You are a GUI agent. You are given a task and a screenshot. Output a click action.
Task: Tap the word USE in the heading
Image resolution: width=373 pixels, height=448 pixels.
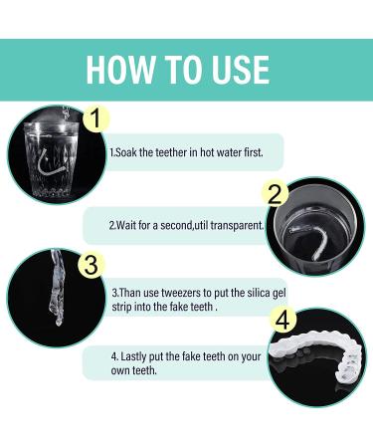tap(235, 69)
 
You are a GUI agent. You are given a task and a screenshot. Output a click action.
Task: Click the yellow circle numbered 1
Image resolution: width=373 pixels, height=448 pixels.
tap(94, 120)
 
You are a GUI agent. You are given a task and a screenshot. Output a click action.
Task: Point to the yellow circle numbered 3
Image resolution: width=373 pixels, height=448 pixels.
tap(91, 264)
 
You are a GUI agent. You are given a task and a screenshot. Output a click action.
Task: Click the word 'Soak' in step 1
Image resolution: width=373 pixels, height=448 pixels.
tap(128, 152)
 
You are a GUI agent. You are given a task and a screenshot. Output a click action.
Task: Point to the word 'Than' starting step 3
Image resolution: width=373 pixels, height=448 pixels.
tap(129, 293)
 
